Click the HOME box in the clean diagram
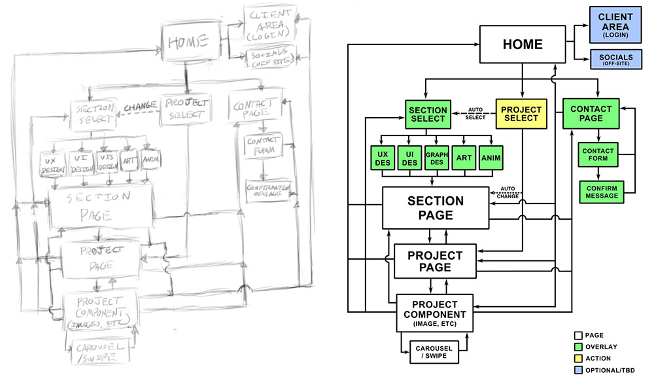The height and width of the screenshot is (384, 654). [522, 44]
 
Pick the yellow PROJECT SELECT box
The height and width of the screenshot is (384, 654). [521, 113]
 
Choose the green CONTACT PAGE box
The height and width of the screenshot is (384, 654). [591, 113]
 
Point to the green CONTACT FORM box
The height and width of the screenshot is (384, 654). [596, 154]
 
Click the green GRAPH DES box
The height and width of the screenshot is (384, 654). [436, 158]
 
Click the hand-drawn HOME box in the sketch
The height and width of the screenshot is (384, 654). [188, 43]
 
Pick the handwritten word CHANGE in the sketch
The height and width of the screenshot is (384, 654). [139, 105]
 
